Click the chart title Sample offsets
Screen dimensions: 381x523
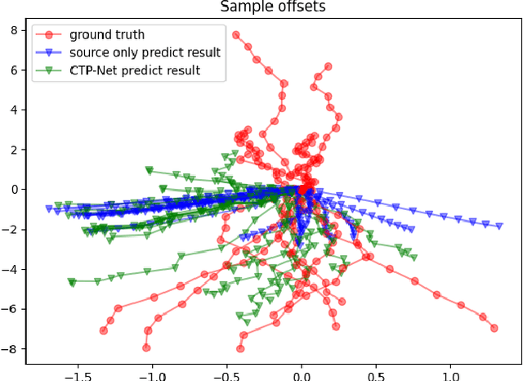[x=274, y=7]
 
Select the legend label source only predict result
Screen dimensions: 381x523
[x=145, y=52]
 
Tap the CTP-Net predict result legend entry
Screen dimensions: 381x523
[x=135, y=70]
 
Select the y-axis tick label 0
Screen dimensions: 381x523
[x=15, y=190]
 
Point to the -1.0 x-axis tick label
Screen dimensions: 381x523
[x=150, y=372]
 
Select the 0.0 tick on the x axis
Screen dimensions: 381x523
[x=302, y=372]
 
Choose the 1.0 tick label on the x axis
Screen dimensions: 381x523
[x=452, y=372]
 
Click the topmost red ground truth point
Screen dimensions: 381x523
[x=236, y=35]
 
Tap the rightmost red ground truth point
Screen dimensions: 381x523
[x=494, y=328]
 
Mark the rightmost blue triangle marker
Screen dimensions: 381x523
[x=499, y=226]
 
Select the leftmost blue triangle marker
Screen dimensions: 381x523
[x=49, y=209]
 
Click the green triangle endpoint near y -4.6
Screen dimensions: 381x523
[x=72, y=282]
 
